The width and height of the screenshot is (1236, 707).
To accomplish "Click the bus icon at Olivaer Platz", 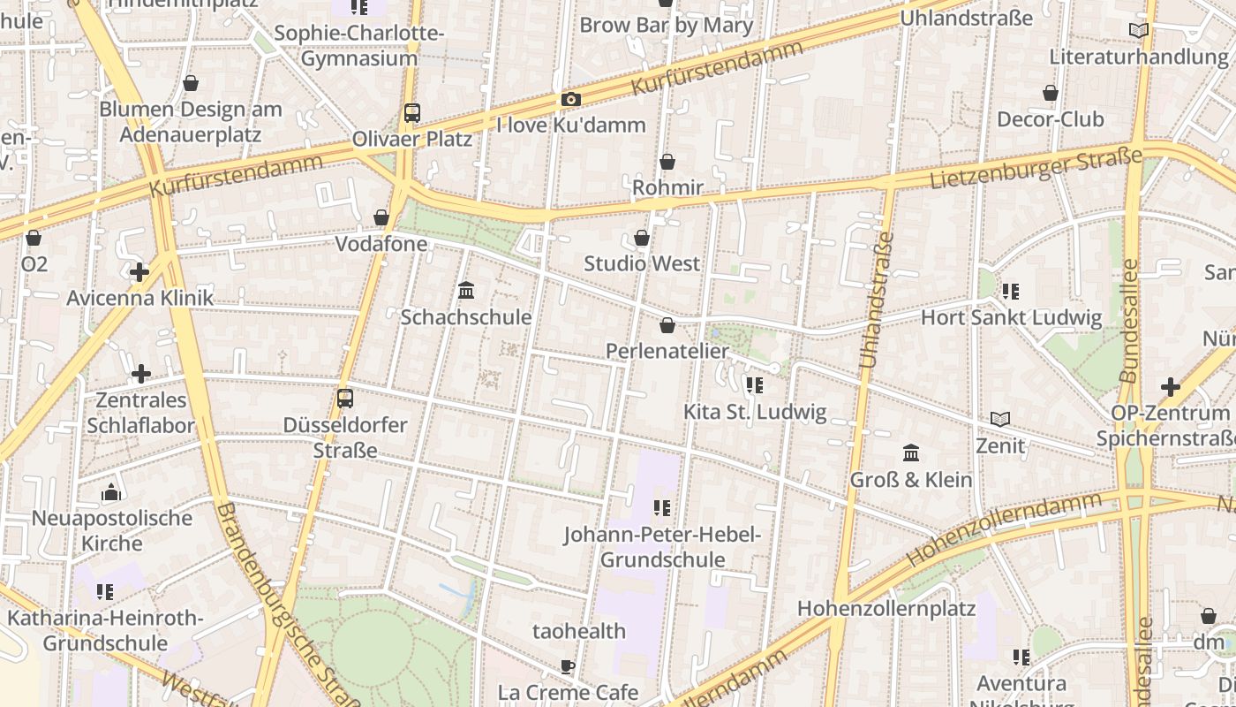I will pos(411,113).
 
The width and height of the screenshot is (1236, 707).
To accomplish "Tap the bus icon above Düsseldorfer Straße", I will pos(345,399).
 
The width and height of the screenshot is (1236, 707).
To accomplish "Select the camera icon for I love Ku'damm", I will pos(571,99).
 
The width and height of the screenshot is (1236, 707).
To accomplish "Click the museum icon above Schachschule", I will pos(466,291).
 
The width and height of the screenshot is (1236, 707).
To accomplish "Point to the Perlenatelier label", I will pos(667,351).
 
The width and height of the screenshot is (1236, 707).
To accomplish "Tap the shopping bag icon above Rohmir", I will pos(667,162).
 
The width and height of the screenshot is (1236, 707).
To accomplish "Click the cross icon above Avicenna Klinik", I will pos(139,272).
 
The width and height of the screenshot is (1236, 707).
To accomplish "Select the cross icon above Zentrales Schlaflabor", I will pos(140,374).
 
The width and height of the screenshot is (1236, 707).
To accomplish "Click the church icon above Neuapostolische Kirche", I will pos(112,492).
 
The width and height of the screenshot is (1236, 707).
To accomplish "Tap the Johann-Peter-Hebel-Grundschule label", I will pos(662,547).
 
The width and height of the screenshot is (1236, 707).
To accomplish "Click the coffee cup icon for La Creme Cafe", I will pos(568,666).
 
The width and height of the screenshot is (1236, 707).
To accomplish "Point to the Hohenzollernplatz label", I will pos(886,608).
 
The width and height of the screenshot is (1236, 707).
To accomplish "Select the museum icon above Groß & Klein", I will pos(911,453).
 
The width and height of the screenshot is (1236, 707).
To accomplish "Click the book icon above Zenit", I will pos(999,419).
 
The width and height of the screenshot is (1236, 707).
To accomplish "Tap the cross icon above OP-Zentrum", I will pos(1170,386).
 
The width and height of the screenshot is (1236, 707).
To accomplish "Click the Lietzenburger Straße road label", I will pos(1035,169).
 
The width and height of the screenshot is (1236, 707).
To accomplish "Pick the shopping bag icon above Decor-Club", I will pos(1051,93).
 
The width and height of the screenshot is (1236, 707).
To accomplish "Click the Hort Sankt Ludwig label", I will pos(1011,317).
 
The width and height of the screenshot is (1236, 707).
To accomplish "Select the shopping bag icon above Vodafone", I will pos(381,217).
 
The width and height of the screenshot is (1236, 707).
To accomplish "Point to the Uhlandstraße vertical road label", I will pos(877,300).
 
